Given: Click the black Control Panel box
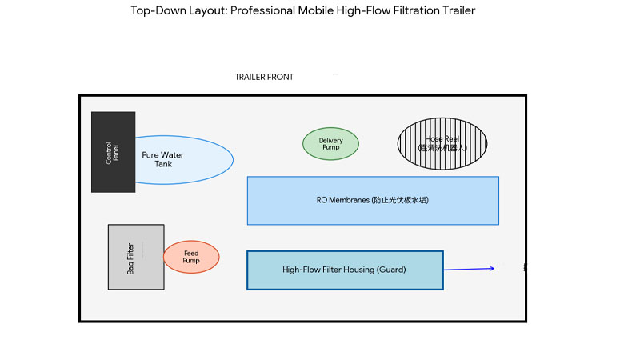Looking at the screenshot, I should tap(113, 152).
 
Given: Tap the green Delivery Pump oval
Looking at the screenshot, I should tap(330, 144).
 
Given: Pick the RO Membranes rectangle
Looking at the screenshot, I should tap(373, 200).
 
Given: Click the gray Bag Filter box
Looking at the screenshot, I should tap(136, 257).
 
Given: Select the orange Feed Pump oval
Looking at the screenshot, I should tap(191, 257).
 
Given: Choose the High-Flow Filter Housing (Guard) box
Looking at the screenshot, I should tap(345, 270).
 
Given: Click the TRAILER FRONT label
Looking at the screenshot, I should tap(264, 78).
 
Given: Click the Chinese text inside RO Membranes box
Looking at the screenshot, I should tap(401, 200).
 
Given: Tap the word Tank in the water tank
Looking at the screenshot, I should tap(163, 164).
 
